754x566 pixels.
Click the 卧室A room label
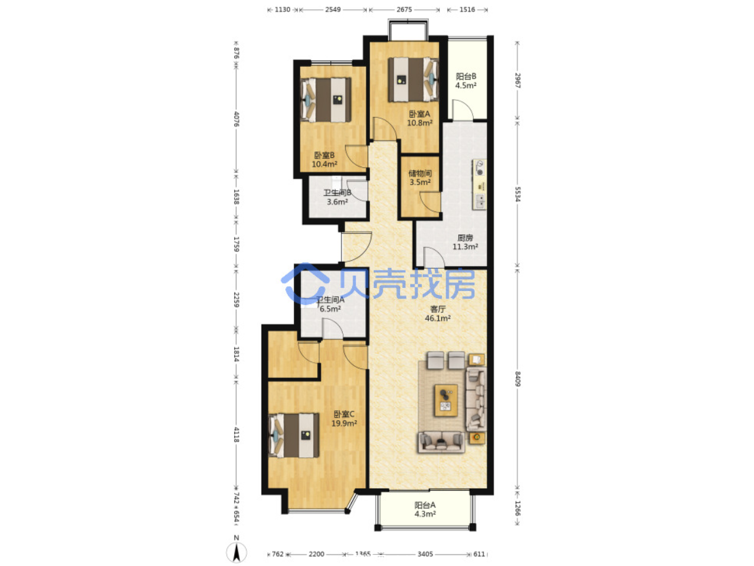[x=419, y=118]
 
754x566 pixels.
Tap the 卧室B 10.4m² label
[x=324, y=160]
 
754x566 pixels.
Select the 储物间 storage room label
[x=420, y=178]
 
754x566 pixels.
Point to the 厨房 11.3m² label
[x=465, y=242]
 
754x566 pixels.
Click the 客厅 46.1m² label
[x=438, y=314]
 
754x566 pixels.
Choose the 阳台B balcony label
[x=466, y=80]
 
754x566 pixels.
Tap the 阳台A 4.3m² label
[x=424, y=509]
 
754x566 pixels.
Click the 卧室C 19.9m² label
[x=343, y=418]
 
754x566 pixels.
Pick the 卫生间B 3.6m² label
[x=337, y=197]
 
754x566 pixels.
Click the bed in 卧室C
[x=293, y=435]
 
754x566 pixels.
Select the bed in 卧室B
[x=326, y=100]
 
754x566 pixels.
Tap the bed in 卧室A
[x=413, y=80]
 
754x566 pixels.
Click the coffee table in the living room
[x=446, y=400]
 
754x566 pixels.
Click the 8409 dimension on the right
[x=517, y=379]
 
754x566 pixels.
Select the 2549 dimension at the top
[x=333, y=9]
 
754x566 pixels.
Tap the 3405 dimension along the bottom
[x=425, y=554]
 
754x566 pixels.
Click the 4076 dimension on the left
[x=237, y=118]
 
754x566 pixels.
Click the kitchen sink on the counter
[x=480, y=202]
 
